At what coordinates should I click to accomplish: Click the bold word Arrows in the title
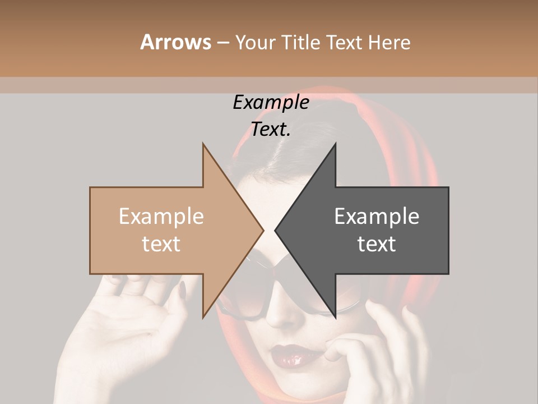[x=175, y=42]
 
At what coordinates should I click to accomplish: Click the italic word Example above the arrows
[x=271, y=103]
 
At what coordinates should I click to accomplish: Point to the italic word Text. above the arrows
[x=271, y=130]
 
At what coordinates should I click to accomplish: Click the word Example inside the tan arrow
[x=161, y=217]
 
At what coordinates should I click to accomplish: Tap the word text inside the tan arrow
[x=161, y=244]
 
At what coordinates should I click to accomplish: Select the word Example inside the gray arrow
[x=377, y=217]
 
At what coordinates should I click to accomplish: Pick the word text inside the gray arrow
[x=377, y=244]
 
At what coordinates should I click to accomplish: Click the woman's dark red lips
[x=291, y=355]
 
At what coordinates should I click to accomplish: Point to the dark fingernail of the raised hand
[x=182, y=289]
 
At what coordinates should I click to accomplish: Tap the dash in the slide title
[x=222, y=43]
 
